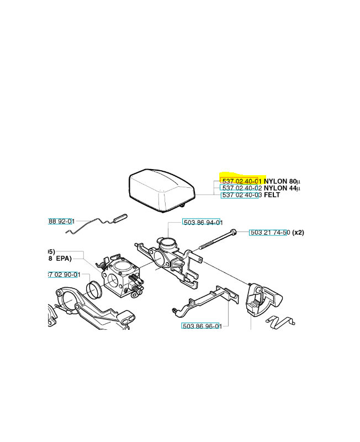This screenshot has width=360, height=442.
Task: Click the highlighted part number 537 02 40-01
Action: [x=241, y=181]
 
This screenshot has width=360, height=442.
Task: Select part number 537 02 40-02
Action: [x=241, y=188]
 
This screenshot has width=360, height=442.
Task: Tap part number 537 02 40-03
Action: [x=241, y=196]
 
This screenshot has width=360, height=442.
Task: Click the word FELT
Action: [x=272, y=196]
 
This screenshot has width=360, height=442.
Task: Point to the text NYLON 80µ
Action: [x=282, y=181]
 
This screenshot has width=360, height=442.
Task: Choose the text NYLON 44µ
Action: [x=282, y=188]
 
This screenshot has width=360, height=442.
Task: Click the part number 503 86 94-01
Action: [x=202, y=223]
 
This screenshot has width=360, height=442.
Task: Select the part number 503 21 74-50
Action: [x=269, y=233]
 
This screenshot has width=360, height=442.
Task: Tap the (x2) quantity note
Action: [x=298, y=233]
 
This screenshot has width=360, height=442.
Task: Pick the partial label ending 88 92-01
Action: [x=61, y=222]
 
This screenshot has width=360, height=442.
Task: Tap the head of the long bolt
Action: [x=235, y=232]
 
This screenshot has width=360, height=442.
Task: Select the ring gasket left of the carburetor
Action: [x=95, y=288]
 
